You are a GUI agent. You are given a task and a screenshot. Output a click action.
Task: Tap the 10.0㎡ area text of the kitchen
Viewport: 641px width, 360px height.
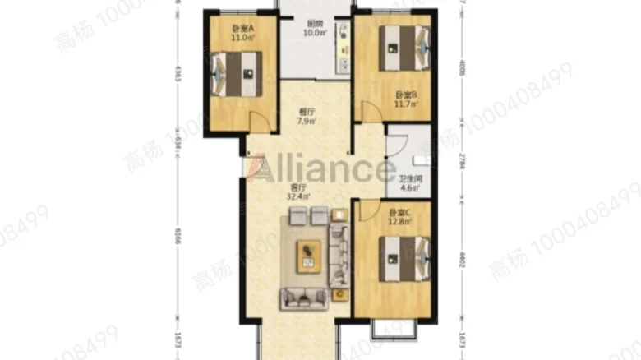coord(314,34)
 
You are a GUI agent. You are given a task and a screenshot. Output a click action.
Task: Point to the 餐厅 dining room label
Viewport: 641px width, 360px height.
coord(307,113)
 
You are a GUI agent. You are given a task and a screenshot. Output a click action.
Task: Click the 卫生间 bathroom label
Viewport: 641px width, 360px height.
coord(410,178)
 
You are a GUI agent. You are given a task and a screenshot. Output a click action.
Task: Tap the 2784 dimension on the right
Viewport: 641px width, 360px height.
coord(463,159)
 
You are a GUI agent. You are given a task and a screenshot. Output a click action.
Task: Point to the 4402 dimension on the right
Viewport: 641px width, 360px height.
coord(463,262)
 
